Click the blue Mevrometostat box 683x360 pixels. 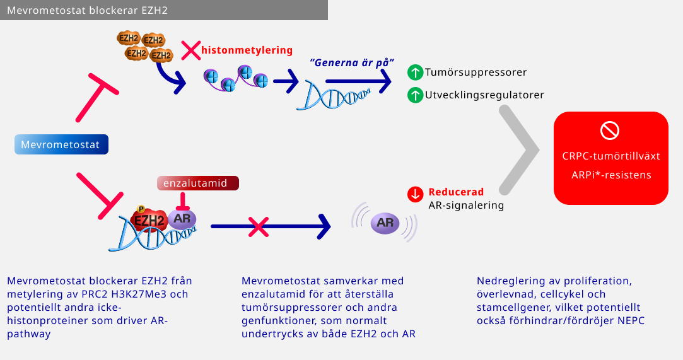pos(61,144)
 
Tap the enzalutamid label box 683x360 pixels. pos(199,183)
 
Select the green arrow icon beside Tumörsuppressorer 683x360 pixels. pos(414,73)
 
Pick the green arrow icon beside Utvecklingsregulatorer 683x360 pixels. pos(414,95)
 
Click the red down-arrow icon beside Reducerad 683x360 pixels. pos(414,194)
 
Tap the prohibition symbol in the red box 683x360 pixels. pos(610,131)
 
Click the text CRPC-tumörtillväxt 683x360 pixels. pos(610,156)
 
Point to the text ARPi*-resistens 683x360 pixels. pos(610,175)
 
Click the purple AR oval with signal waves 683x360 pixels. pos(385,222)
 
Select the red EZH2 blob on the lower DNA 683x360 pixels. pos(149,221)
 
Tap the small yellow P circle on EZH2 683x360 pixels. pos(141,209)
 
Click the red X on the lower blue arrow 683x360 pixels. pos(257,226)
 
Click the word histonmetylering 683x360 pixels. pos(247,50)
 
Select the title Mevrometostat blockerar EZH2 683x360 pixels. pos(87,11)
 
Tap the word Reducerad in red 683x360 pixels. pos(456,192)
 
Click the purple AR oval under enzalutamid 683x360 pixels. pos(182,219)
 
